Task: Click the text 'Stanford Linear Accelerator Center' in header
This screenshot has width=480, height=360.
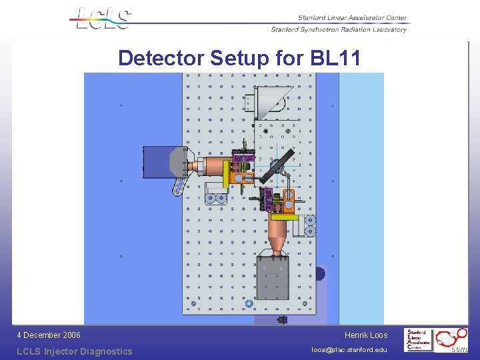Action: (344, 18)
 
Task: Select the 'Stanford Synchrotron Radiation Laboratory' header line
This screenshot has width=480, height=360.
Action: (339, 29)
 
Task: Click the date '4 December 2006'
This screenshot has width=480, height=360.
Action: (49, 335)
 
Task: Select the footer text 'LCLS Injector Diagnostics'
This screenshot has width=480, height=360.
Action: (75, 351)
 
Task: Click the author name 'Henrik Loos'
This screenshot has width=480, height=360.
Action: (366, 335)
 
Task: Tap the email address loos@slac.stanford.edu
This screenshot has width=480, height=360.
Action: (349, 350)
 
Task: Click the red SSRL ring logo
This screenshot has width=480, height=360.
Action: (453, 339)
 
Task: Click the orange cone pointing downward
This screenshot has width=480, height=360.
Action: (278, 234)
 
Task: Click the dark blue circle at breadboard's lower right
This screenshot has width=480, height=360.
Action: (319, 273)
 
